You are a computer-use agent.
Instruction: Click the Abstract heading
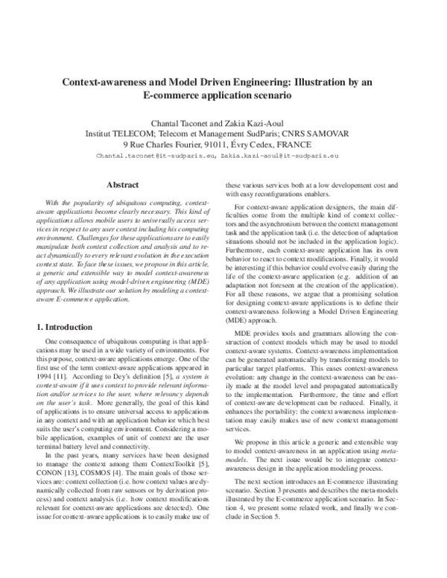(123, 184)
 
